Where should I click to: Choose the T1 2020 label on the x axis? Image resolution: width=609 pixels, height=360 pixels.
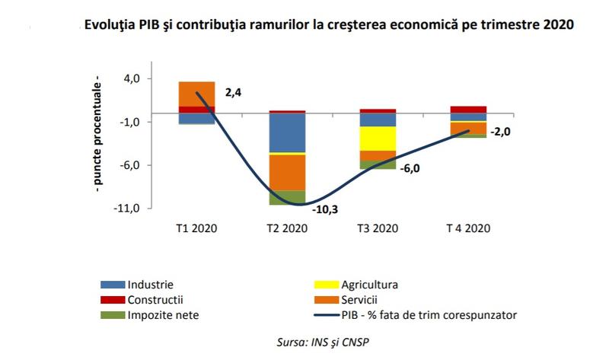coord(196,229)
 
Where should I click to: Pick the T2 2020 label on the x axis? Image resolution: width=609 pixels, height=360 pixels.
coord(287,229)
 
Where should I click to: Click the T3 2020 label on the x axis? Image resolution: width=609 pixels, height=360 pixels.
coord(378,229)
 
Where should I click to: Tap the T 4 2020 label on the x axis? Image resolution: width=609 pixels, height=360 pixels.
coord(468,229)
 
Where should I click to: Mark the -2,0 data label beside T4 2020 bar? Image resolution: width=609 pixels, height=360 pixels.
coord(499,132)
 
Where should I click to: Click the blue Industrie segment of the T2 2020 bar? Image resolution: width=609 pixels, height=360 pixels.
coord(287,132)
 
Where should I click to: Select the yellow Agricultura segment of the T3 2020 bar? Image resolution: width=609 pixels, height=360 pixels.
coord(378,139)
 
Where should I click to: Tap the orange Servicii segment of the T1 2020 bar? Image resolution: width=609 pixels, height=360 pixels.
coord(196,94)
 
